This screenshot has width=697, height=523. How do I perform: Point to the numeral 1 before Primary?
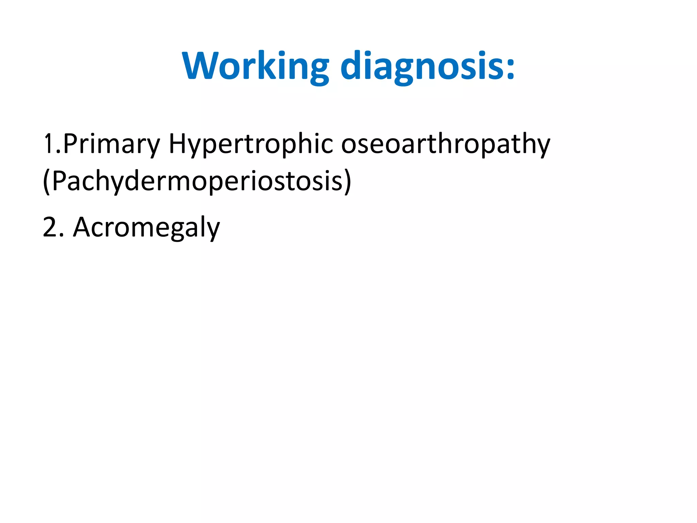pyautogui.click(x=48, y=144)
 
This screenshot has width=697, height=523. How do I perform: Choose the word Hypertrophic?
pyautogui.click(x=251, y=144)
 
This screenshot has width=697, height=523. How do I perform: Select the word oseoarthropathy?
pyautogui.click(x=445, y=144)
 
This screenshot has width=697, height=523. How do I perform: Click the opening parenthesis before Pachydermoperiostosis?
pyautogui.click(x=47, y=181)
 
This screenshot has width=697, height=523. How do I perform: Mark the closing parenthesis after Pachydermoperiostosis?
pyautogui.click(x=347, y=181)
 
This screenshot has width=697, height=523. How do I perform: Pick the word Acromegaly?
pyautogui.click(x=147, y=227)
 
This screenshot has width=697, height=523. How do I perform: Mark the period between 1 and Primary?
pyautogui.click(x=58, y=152)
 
